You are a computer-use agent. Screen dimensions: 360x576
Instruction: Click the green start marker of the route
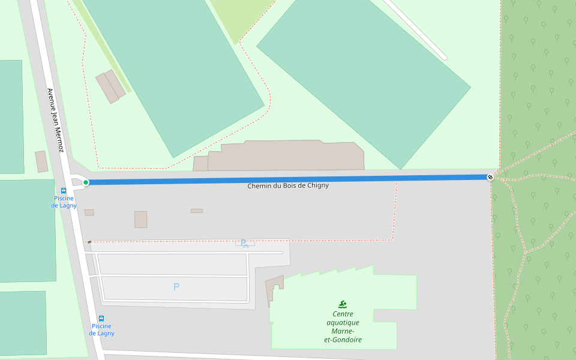point(86,182)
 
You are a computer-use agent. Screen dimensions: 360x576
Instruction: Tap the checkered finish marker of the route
point(490,176)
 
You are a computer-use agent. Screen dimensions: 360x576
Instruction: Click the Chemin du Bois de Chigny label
point(288,186)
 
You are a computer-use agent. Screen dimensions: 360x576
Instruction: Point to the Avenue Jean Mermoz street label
point(55,120)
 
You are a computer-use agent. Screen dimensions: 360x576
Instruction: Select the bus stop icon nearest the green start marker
point(64,191)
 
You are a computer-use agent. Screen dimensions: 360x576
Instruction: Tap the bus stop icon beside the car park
point(101,319)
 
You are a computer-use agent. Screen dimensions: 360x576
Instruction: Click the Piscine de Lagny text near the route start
point(64,202)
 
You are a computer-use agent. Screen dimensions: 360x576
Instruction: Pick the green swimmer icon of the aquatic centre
point(343,304)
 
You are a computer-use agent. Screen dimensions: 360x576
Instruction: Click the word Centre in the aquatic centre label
point(343,314)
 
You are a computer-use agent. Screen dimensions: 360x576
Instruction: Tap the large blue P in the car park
point(176,287)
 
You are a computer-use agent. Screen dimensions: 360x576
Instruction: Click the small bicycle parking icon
point(244,244)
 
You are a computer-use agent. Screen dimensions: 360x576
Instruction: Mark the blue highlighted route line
point(288,179)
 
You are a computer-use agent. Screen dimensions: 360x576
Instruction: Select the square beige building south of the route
point(140,220)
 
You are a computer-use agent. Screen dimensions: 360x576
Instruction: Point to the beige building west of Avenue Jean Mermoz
point(41,161)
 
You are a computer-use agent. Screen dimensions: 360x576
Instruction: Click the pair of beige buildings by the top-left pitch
point(110,86)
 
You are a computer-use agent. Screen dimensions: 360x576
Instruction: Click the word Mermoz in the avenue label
point(59,139)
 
